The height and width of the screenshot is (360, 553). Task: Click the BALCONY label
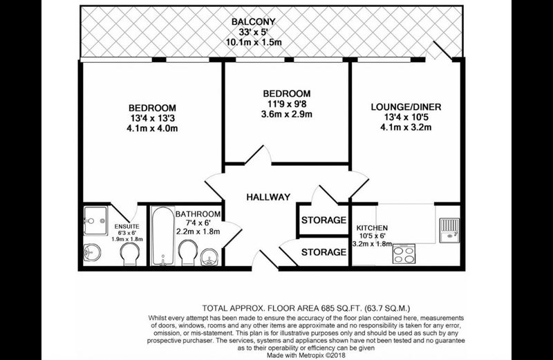pyautogui.click(x=253, y=22)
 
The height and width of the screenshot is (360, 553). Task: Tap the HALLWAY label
pyautogui.click(x=268, y=197)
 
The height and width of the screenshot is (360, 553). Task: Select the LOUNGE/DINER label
pyautogui.click(x=406, y=107)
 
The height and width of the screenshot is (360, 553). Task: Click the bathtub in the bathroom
pyautogui.click(x=162, y=236)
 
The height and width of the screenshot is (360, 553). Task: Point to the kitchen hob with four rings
pyautogui.click(x=404, y=254)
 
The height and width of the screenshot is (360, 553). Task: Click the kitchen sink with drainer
pyautogui.click(x=450, y=230)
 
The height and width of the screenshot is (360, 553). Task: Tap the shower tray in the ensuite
pyautogui.click(x=95, y=220)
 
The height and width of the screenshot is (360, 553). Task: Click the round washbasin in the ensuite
pyautogui.click(x=92, y=252)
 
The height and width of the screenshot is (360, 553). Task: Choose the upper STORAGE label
pyautogui.click(x=324, y=220)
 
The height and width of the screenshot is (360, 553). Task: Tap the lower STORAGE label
pyautogui.click(x=324, y=252)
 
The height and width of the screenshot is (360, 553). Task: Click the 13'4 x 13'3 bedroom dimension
pyautogui.click(x=152, y=118)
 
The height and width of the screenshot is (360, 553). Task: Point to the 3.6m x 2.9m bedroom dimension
pyautogui.click(x=286, y=114)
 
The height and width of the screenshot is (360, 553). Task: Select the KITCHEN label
pyautogui.click(x=372, y=228)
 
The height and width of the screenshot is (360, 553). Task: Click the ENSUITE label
pyautogui.click(x=127, y=227)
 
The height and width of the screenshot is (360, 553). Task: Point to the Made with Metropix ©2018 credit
pyautogui.click(x=306, y=355)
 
